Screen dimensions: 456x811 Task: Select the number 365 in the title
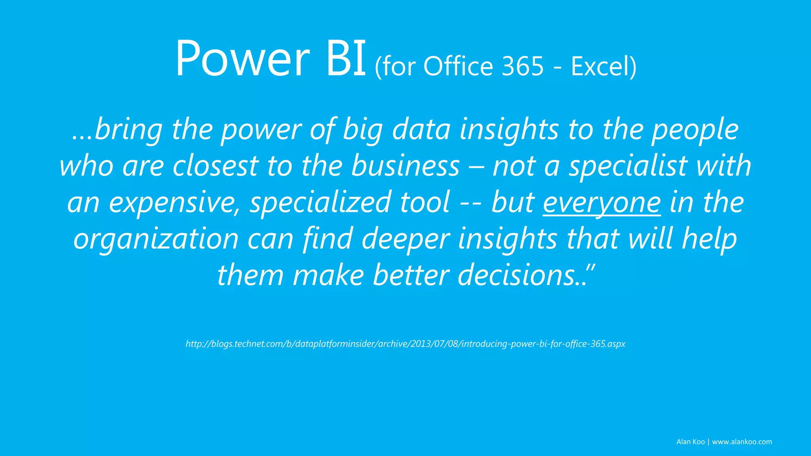523,66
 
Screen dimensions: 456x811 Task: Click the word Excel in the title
600,66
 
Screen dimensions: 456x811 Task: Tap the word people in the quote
695,130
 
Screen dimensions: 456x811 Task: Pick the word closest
215,166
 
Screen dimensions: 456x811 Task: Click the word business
405,166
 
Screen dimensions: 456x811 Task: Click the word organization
156,239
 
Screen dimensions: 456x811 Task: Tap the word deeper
405,239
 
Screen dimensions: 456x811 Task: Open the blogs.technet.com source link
405,344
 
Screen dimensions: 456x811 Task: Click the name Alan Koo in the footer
690,442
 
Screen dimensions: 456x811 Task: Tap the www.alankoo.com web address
742,442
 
